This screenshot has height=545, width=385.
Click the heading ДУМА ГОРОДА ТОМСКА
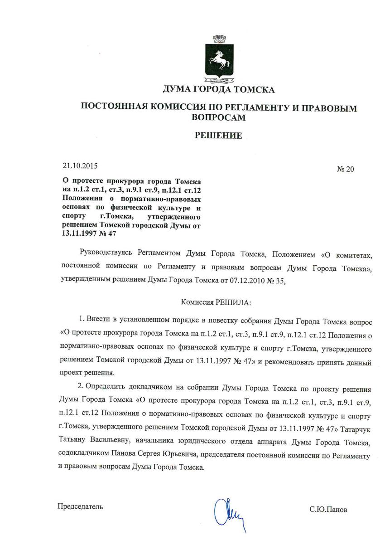pos(219,89)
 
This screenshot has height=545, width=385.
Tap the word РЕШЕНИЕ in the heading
pos(218,135)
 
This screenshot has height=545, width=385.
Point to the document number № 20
pos(346,170)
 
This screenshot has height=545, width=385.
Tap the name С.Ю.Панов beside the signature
pos(329,509)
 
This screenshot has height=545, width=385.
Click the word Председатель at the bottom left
pos(80,506)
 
